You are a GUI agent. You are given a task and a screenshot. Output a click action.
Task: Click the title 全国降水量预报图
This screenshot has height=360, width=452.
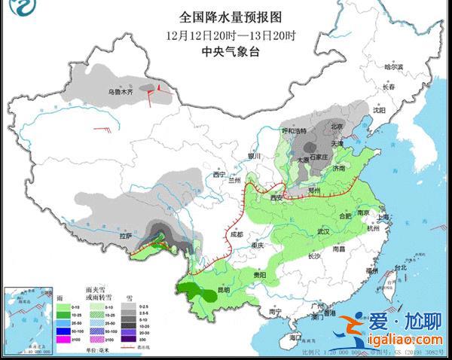point(231,16)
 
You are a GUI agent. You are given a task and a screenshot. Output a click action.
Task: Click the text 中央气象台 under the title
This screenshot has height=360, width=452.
point(230,50)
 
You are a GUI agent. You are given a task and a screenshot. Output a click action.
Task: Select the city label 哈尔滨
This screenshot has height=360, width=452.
point(395,67)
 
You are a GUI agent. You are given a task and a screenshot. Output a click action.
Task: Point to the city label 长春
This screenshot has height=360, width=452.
point(388,87)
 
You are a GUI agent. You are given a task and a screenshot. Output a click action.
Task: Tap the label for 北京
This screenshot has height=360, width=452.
point(338,127)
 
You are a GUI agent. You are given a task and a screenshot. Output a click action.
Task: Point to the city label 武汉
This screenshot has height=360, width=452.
point(325,230)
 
